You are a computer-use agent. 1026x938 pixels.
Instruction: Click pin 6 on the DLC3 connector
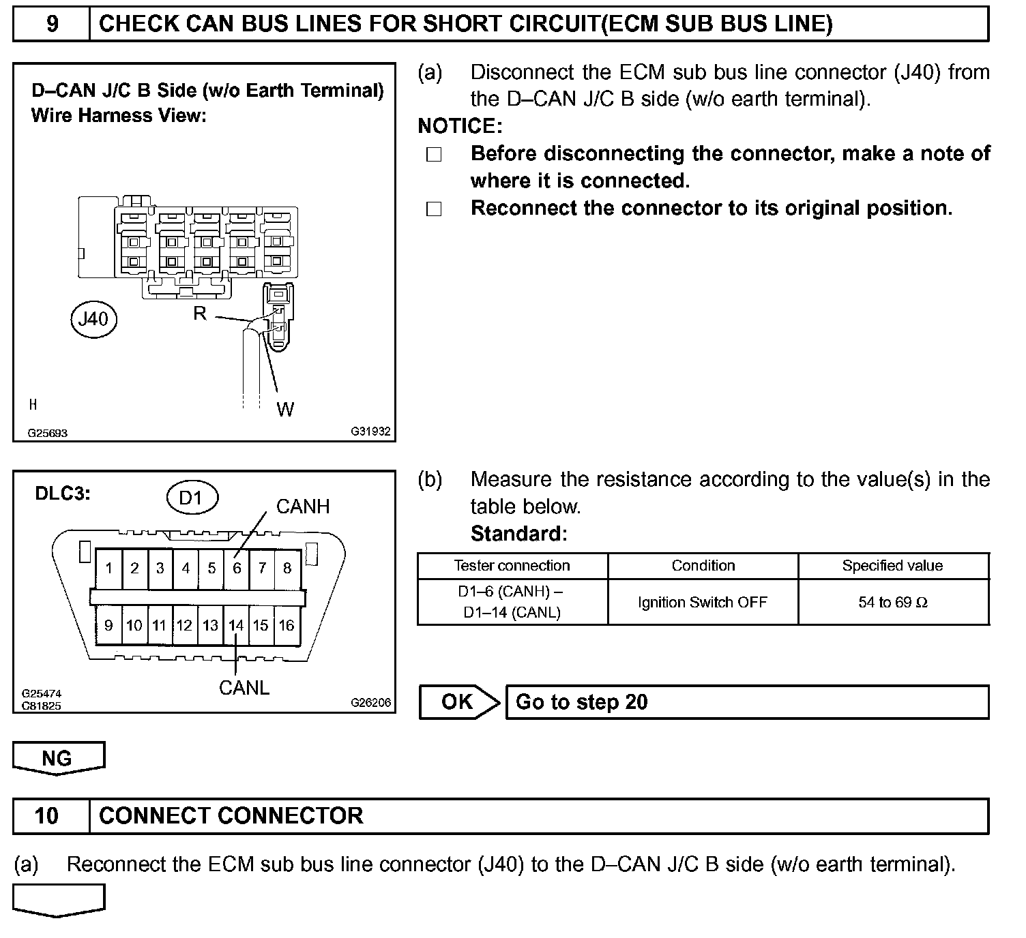(x=237, y=568)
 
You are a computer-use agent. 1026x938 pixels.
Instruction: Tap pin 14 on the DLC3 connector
(x=236, y=625)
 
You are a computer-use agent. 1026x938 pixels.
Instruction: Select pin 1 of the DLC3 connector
(x=109, y=568)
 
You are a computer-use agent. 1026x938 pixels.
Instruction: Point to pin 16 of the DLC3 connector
(x=287, y=625)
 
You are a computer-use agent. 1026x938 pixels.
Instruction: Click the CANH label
(x=302, y=506)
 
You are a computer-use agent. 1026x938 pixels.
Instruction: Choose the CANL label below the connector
(x=244, y=688)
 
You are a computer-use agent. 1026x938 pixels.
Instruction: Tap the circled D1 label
(x=192, y=498)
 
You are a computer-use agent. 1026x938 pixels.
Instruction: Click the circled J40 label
(x=94, y=318)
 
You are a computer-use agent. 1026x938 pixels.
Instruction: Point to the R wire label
(x=200, y=314)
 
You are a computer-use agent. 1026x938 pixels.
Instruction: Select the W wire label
(x=285, y=409)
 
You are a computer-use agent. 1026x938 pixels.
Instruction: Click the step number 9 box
(x=52, y=25)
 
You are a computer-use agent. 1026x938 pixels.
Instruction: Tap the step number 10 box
(x=47, y=816)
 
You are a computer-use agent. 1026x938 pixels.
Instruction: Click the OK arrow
(x=459, y=702)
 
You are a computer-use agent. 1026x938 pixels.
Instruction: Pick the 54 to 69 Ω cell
(x=893, y=602)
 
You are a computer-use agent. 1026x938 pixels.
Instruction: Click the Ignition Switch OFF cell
(x=703, y=602)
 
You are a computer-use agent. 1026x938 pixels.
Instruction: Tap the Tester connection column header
(x=512, y=566)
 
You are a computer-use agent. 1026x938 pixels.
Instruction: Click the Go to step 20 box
(x=747, y=702)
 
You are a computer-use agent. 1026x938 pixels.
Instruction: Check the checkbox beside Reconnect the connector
(x=434, y=209)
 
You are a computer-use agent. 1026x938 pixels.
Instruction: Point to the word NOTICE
(x=459, y=126)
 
